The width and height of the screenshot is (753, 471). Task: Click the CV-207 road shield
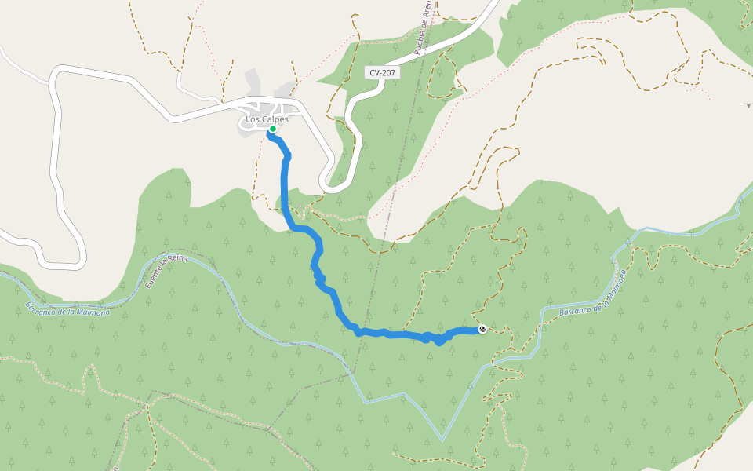[x=383, y=72]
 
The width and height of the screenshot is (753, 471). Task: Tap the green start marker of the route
[x=272, y=129]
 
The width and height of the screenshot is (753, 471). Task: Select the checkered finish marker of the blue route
[x=482, y=330]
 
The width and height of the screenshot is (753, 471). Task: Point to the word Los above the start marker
[x=253, y=119]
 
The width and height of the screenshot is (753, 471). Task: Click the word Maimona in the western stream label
[x=93, y=312]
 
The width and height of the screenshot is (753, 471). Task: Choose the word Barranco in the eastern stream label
[x=576, y=311]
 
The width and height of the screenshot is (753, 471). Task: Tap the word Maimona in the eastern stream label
[x=615, y=287]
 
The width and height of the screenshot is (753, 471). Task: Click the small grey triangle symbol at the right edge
[x=748, y=104]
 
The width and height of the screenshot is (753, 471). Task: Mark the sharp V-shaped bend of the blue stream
[x=442, y=440]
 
